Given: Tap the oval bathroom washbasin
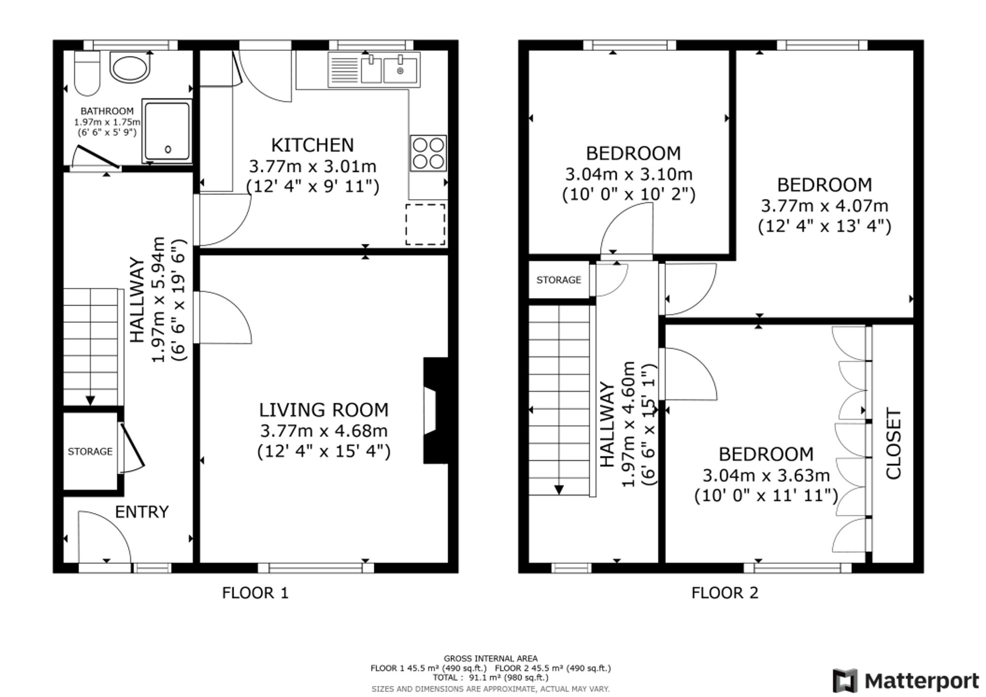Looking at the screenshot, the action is click(129, 69).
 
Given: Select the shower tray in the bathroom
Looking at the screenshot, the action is click(167, 131).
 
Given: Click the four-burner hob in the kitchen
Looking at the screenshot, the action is click(428, 153).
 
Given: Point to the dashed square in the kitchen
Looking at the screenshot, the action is click(425, 224).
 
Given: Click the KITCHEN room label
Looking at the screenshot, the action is click(313, 145).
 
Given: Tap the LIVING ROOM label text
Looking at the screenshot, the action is click(324, 410).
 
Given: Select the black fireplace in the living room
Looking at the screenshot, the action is click(436, 411).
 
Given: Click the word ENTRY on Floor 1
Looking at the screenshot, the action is click(142, 512).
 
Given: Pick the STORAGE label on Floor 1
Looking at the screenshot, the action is click(90, 452).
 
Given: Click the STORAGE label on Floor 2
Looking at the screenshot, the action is click(559, 280).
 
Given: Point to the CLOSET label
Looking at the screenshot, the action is click(893, 443).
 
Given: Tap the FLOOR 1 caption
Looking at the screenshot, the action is click(255, 592).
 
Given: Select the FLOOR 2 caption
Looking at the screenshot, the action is click(725, 592).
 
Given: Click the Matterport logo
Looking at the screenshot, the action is click(906, 681).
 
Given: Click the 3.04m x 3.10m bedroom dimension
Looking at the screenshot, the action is click(629, 174).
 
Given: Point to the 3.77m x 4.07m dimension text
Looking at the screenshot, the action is click(825, 206).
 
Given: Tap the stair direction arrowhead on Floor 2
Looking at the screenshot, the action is click(559, 489).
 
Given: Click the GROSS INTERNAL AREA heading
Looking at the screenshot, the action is click(491, 658).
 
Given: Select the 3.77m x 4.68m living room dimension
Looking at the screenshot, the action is click(324, 431).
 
